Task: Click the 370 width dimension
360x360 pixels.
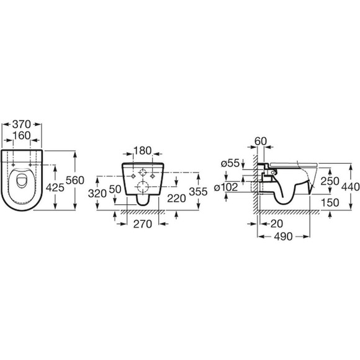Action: [21, 124]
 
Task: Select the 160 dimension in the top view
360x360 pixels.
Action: [21, 136]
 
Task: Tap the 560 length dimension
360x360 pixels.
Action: [75, 180]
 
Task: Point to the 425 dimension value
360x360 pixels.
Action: [55, 188]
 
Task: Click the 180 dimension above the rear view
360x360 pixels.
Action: [143, 151]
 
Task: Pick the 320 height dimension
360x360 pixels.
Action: [97, 194]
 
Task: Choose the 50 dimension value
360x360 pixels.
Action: [115, 189]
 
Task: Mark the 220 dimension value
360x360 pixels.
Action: [176, 199]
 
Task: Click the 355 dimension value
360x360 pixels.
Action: [198, 191]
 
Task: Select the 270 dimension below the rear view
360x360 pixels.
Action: [143, 224]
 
